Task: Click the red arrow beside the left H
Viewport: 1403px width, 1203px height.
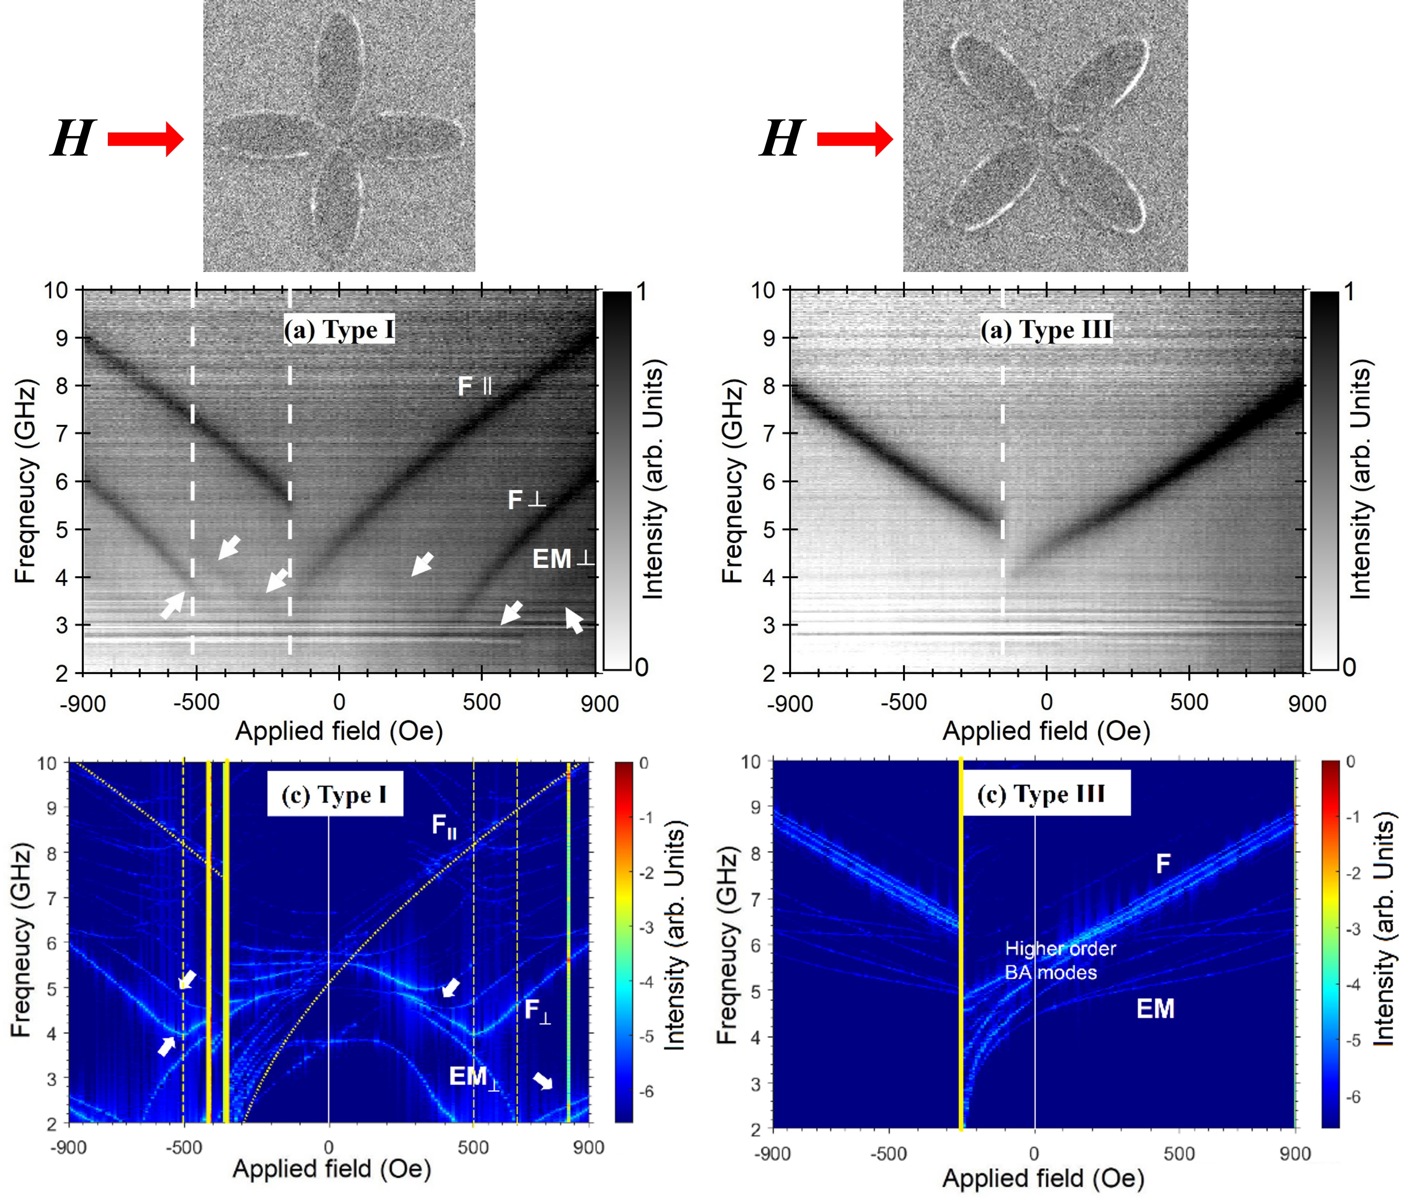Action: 145,139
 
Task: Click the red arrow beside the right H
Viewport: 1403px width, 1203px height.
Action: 854,139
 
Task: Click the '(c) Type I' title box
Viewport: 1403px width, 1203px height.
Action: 335,794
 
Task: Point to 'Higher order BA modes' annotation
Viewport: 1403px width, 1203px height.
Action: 1060,960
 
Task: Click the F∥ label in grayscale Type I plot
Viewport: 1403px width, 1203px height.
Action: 474,387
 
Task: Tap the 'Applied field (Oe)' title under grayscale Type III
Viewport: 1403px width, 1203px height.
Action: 1046,731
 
